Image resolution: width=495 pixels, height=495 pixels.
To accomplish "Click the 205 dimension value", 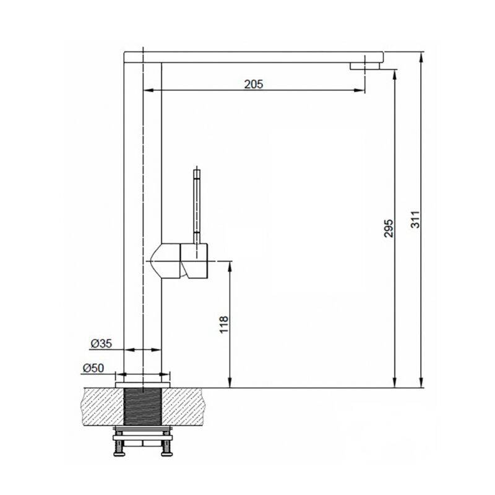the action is click(x=254, y=84).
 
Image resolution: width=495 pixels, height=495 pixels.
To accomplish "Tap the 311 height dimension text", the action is click(x=415, y=219).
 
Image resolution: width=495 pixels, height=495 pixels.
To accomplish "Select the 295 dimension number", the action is click(x=389, y=228).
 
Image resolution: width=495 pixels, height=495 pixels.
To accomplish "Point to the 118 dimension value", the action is click(x=223, y=324).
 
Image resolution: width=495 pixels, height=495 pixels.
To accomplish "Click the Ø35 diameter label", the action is click(x=101, y=343).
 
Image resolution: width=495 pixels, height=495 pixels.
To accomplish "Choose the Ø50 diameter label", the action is click(x=93, y=368).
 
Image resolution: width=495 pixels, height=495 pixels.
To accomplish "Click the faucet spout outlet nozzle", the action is click(x=364, y=66).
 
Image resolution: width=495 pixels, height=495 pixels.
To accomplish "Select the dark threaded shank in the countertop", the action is click(x=143, y=407).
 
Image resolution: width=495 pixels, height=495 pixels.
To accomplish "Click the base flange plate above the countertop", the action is click(x=143, y=384).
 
